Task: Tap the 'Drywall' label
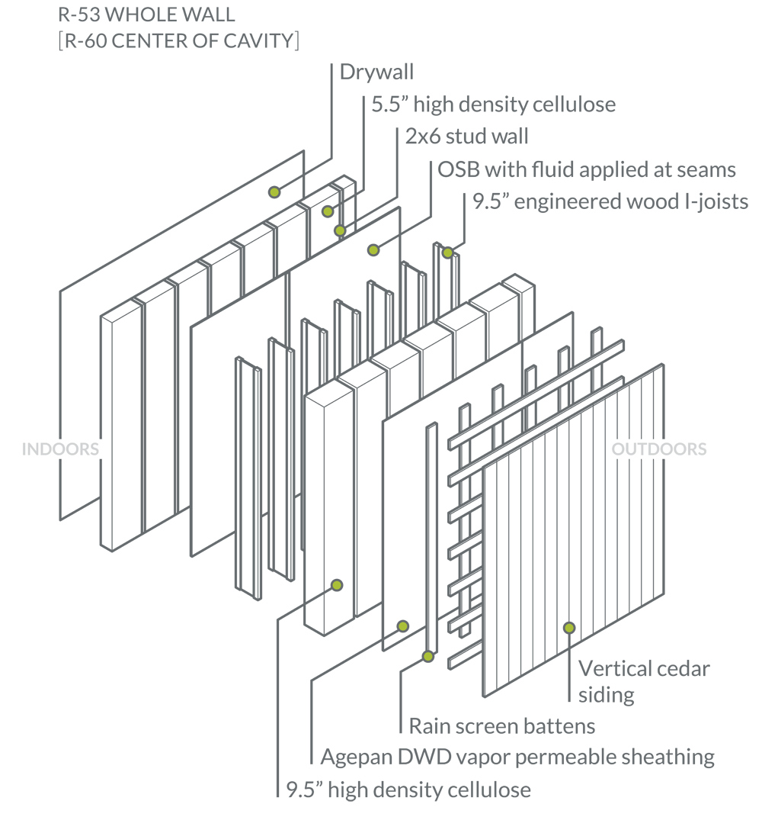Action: pos(376,72)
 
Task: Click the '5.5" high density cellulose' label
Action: pos(493,104)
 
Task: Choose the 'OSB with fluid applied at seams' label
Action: pos(587,169)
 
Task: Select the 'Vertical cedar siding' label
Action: pos(644,681)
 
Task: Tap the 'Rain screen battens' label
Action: pos(501,725)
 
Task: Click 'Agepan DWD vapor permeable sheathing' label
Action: pos(517,757)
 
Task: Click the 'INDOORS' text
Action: pos(61,449)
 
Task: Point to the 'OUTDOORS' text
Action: pos(659,449)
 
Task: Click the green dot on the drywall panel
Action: pos(274,192)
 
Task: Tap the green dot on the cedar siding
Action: pos(568,628)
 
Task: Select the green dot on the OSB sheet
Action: pos(373,249)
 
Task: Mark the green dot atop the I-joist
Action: pos(448,252)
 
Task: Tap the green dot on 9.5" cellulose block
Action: pos(335,585)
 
